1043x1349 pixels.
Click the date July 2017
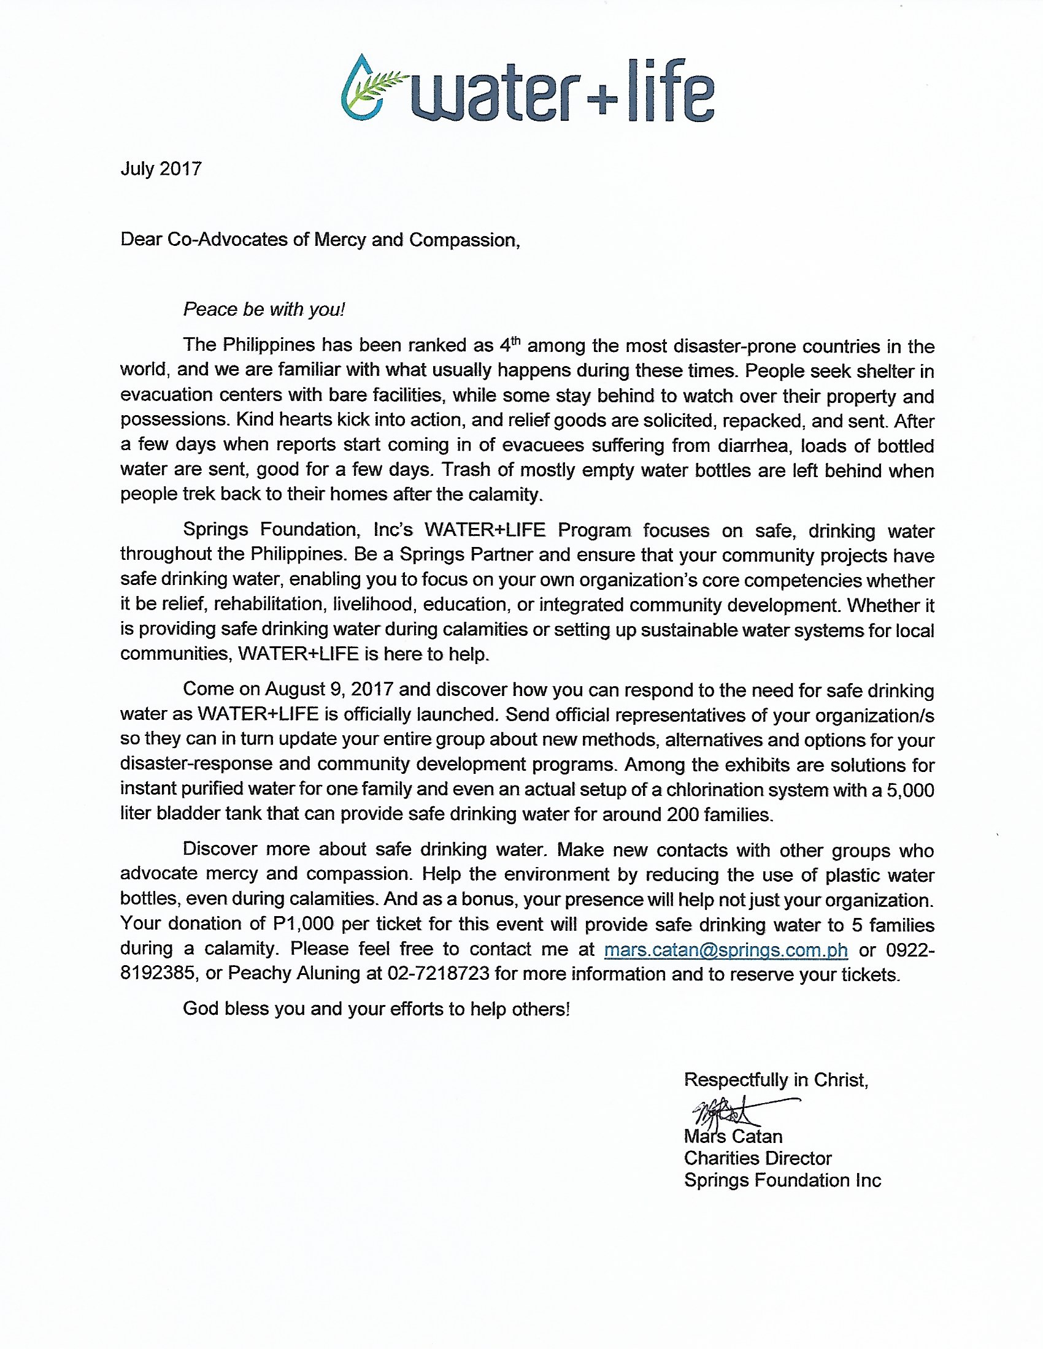[161, 169]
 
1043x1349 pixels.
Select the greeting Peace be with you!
[264, 309]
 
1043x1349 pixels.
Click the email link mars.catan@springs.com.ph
[725, 949]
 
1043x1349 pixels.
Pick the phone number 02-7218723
[438, 974]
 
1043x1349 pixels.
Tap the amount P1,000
[302, 924]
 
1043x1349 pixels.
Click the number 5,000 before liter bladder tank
[909, 789]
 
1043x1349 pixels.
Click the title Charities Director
[758, 1158]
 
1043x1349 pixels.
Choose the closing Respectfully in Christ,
[776, 1079]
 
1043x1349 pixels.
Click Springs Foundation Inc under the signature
[782, 1180]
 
